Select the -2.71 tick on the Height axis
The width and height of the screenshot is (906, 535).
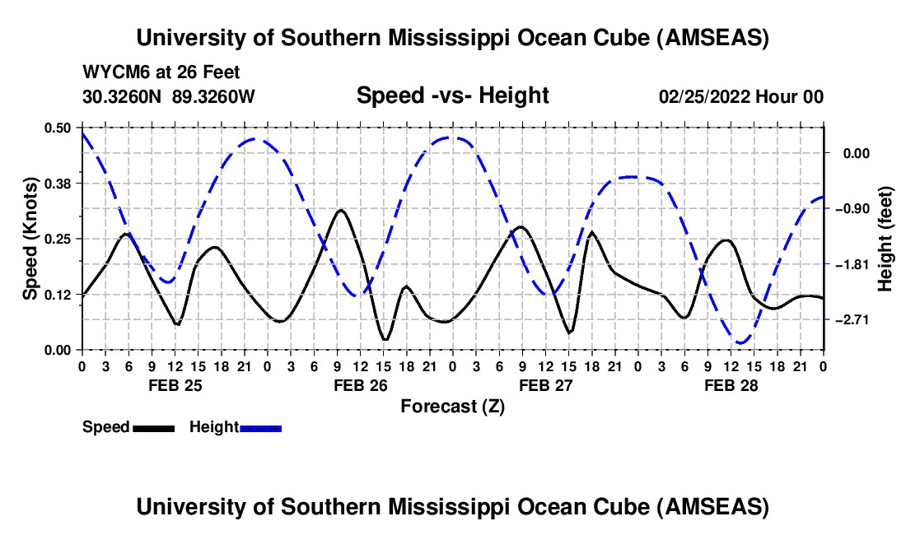853,319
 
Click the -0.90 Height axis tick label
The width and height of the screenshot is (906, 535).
853,208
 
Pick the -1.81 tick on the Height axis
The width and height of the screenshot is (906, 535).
853,264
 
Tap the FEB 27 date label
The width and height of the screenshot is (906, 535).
545,384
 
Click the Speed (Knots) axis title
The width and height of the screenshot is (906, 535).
30,239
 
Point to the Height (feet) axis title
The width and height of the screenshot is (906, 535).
885,239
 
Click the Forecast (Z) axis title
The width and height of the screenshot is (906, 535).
452,406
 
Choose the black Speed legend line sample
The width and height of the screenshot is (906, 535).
153,427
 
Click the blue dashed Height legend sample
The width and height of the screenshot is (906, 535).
260,427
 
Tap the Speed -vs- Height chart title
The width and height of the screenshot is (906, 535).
452,95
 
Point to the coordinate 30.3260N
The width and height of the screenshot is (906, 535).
124,96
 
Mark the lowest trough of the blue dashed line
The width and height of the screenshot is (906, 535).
741,342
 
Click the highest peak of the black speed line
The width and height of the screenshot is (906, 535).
340,210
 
